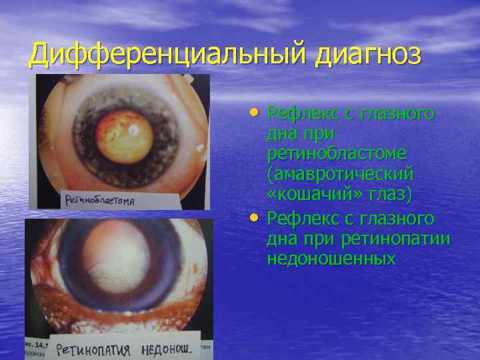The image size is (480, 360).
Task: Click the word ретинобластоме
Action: [337, 153]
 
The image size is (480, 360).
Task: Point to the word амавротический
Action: [340, 174]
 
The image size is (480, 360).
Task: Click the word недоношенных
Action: [331, 259]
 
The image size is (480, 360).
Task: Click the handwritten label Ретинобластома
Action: [101, 199]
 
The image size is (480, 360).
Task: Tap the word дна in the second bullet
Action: [282, 239]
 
